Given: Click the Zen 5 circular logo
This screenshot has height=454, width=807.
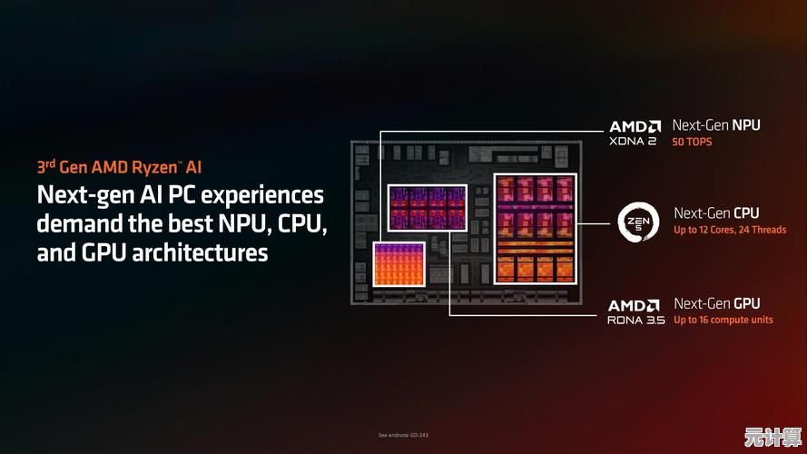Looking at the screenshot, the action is click(638, 222).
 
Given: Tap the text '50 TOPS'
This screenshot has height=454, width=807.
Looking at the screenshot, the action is click(692, 142).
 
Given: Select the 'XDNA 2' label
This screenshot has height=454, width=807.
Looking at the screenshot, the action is click(633, 141).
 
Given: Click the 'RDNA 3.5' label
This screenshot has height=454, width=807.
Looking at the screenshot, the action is click(636, 320).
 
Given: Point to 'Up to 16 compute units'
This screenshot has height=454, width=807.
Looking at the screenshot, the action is click(723, 320).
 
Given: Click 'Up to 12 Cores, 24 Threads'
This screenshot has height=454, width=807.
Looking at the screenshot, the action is click(730, 230).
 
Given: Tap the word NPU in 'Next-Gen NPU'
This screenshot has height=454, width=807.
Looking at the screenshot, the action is click(746, 125).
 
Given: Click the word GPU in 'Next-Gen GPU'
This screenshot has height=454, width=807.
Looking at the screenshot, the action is click(747, 303).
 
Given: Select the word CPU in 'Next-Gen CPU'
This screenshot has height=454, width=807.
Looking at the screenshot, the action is click(746, 213).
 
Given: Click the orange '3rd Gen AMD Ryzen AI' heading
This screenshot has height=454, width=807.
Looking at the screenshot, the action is click(119, 167).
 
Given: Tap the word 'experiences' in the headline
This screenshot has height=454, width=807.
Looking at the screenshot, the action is click(262, 196).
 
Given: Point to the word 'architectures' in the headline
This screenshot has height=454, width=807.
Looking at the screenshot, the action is click(200, 252).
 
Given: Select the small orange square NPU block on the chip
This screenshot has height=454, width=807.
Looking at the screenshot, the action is click(399, 264).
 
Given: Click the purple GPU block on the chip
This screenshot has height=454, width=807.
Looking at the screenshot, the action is click(428, 207).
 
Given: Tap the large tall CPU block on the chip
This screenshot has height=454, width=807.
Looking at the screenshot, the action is click(536, 229).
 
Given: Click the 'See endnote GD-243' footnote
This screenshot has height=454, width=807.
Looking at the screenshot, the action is click(403, 435).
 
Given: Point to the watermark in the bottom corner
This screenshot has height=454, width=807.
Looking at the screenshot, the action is click(773, 437).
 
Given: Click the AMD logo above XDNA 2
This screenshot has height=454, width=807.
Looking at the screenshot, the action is click(635, 126).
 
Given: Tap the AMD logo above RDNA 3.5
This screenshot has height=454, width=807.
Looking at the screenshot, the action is click(634, 306).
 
